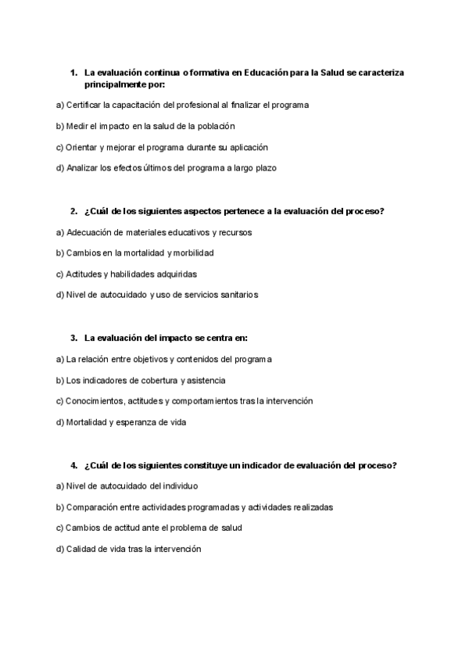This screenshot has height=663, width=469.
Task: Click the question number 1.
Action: [73, 72]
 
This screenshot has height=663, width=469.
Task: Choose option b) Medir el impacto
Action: [145, 125]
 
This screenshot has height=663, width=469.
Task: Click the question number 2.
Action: [73, 210]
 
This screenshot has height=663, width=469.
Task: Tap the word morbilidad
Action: [192, 253]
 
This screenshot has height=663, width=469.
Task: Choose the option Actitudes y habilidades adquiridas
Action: [126, 274]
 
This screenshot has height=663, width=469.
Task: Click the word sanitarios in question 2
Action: [238, 295]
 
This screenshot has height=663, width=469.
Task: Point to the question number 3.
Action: [73, 338]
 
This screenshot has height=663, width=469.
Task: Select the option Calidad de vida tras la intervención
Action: [129, 549]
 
